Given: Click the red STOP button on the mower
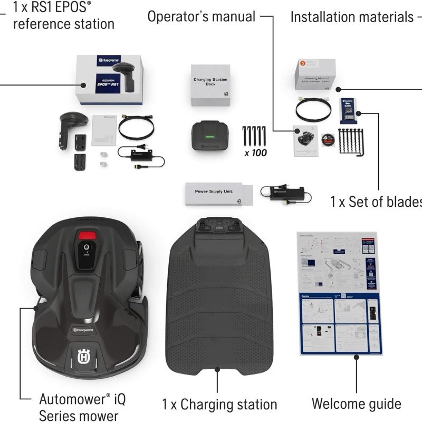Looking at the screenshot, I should pos(89,235).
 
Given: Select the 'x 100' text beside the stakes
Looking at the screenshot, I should pos(255,154).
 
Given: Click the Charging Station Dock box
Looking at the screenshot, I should pos(210,86).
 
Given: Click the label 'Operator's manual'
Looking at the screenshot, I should pos(201,16).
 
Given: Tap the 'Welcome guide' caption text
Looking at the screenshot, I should pos(356,404).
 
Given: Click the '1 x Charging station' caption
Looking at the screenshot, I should pos(219,405).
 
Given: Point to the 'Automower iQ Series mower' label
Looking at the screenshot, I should pos(82,406).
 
